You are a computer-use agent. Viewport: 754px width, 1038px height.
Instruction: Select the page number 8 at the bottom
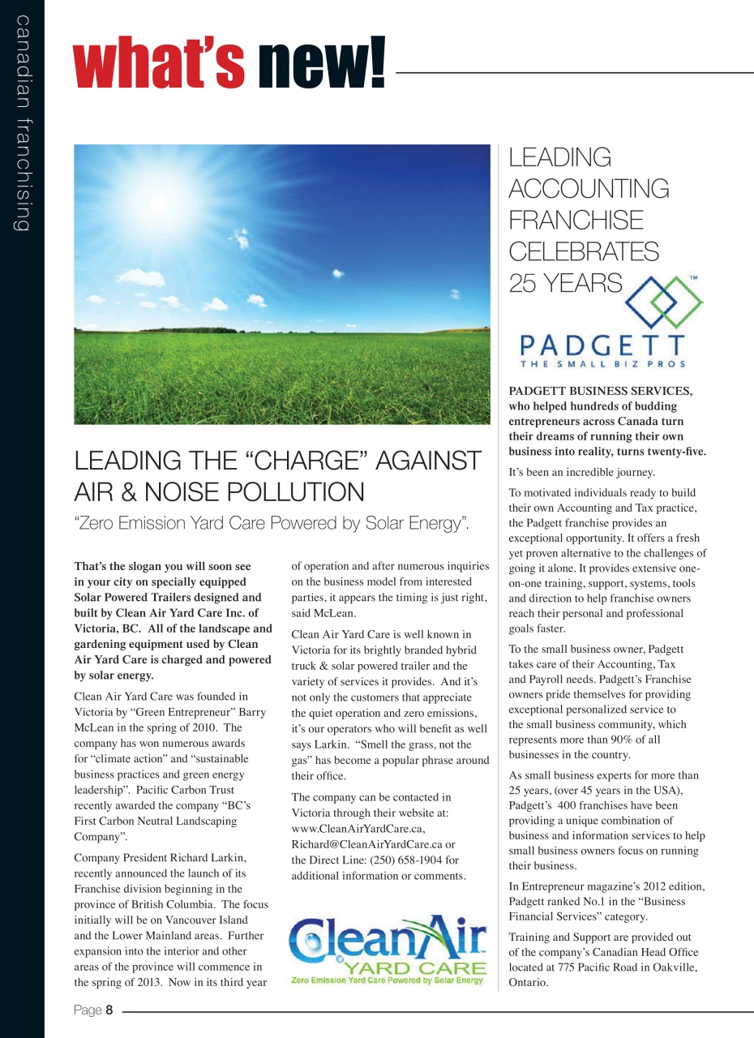(109, 1010)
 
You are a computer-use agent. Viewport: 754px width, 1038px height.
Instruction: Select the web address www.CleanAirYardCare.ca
(358, 829)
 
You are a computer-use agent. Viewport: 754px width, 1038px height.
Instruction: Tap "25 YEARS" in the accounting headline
(565, 283)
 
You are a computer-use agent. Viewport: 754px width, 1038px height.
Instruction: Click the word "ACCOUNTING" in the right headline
(589, 188)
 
